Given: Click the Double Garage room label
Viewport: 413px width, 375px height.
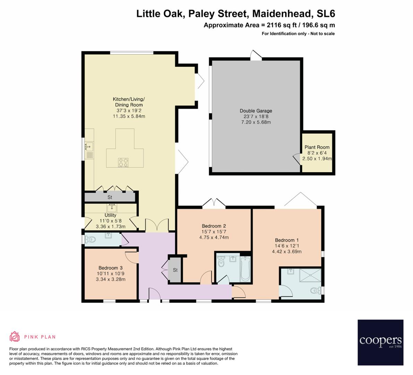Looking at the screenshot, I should (256, 111).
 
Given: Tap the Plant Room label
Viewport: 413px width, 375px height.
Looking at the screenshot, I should (317, 147).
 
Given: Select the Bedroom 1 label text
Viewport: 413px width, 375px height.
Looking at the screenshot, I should (287, 240).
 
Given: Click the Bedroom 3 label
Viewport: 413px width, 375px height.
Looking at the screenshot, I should (110, 268).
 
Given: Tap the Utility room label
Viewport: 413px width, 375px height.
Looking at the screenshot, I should (110, 215).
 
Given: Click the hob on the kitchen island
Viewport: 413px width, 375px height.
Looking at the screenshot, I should (123, 162).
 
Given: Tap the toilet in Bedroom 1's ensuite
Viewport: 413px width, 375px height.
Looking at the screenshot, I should (316, 290).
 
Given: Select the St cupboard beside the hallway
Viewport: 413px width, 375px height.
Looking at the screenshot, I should (175, 270).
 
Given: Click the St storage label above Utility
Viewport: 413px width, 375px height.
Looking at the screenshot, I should (110, 197).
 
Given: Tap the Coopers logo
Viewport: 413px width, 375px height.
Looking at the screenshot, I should (380, 342).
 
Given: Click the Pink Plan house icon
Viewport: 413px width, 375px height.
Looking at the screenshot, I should (15, 336).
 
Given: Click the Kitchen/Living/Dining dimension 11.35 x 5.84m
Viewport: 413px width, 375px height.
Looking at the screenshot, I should (129, 116).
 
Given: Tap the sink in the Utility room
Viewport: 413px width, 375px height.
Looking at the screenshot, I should (112, 208).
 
